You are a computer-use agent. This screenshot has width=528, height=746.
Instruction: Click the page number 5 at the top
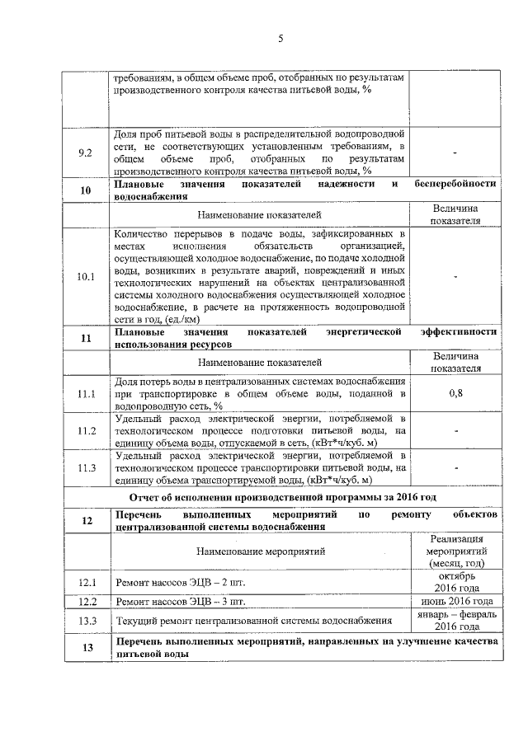[x=280, y=39]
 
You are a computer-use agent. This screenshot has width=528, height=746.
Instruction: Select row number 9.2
[x=86, y=152]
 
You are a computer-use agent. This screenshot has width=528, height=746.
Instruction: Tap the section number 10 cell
[x=86, y=190]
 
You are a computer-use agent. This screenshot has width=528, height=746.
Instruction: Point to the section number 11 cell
[x=86, y=338]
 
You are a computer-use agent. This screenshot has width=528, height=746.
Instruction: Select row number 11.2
[x=86, y=431]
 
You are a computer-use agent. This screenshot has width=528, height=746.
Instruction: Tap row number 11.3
[x=86, y=468]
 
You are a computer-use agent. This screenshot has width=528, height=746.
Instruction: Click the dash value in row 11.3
[x=455, y=468]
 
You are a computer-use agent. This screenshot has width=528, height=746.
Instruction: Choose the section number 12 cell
[x=86, y=520]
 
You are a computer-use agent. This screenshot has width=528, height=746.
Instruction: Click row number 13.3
[x=86, y=620]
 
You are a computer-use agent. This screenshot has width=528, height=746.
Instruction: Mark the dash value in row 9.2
[x=455, y=152]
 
